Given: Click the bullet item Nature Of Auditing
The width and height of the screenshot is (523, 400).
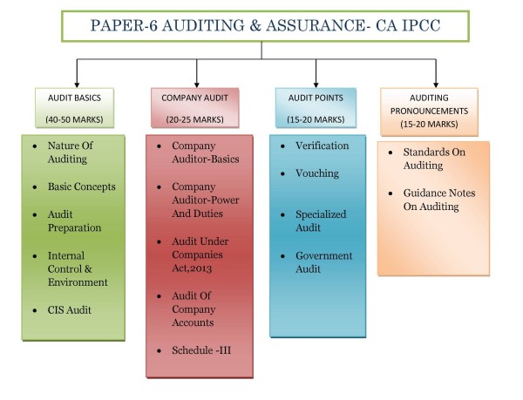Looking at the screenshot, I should click(x=70, y=153).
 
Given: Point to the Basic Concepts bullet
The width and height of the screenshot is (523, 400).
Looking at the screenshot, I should click(x=81, y=186).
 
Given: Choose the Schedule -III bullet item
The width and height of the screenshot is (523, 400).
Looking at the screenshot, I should click(x=200, y=350).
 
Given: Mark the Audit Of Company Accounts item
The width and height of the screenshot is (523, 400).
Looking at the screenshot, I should click(x=193, y=308).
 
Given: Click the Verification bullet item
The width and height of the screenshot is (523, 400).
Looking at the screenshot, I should click(x=321, y=146).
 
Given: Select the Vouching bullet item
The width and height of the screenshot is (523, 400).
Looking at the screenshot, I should click(x=317, y=173).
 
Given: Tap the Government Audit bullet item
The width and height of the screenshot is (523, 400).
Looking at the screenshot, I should click(x=323, y=262).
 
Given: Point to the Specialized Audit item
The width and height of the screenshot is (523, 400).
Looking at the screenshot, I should click(x=320, y=221).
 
